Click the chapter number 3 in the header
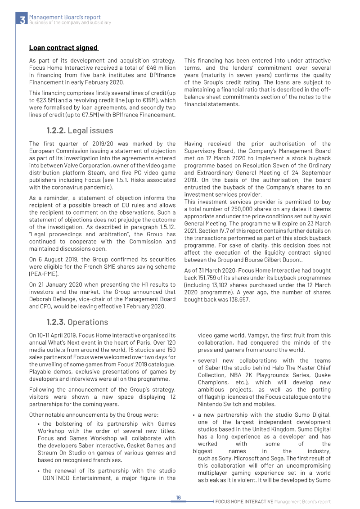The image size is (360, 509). (22, 19)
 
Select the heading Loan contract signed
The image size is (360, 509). (63, 48)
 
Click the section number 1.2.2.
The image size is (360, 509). (56, 131)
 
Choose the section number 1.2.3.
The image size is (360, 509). (56, 322)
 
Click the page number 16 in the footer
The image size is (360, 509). (178, 497)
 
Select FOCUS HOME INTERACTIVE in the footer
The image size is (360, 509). (244, 501)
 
